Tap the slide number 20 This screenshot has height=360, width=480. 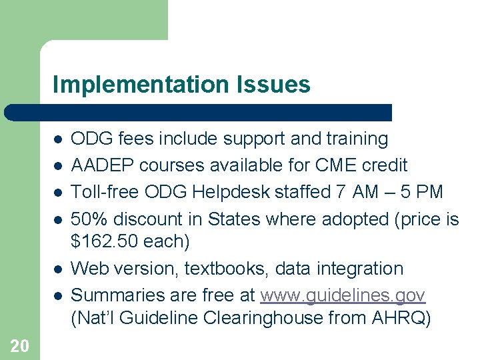click(19, 345)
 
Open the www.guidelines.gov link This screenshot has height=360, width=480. click(343, 295)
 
